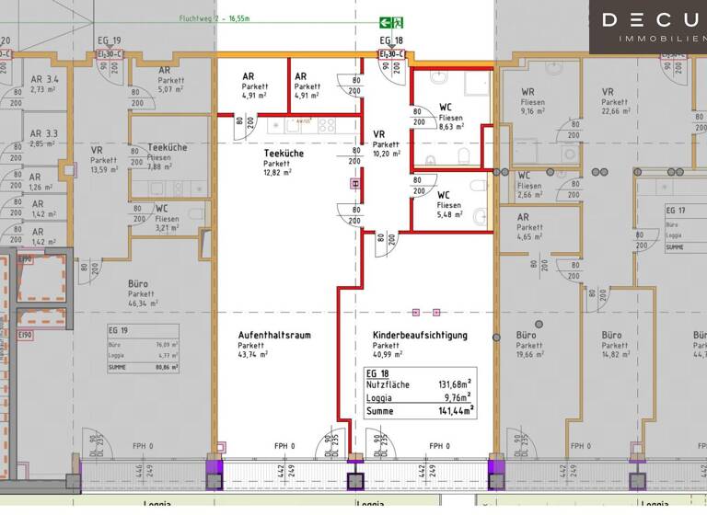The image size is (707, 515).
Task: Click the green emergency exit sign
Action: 391,22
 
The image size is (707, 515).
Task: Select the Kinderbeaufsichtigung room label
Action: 420,336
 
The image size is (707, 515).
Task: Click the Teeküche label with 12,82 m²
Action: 278,154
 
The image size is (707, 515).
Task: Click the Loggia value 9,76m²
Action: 456,397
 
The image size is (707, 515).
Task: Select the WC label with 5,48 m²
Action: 443,195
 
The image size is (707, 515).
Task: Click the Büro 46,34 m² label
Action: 138,285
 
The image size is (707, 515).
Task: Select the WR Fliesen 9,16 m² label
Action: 527,92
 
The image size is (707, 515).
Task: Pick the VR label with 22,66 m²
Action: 608,92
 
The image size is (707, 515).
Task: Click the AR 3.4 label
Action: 44,80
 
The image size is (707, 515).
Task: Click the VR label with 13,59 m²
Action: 96,150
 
